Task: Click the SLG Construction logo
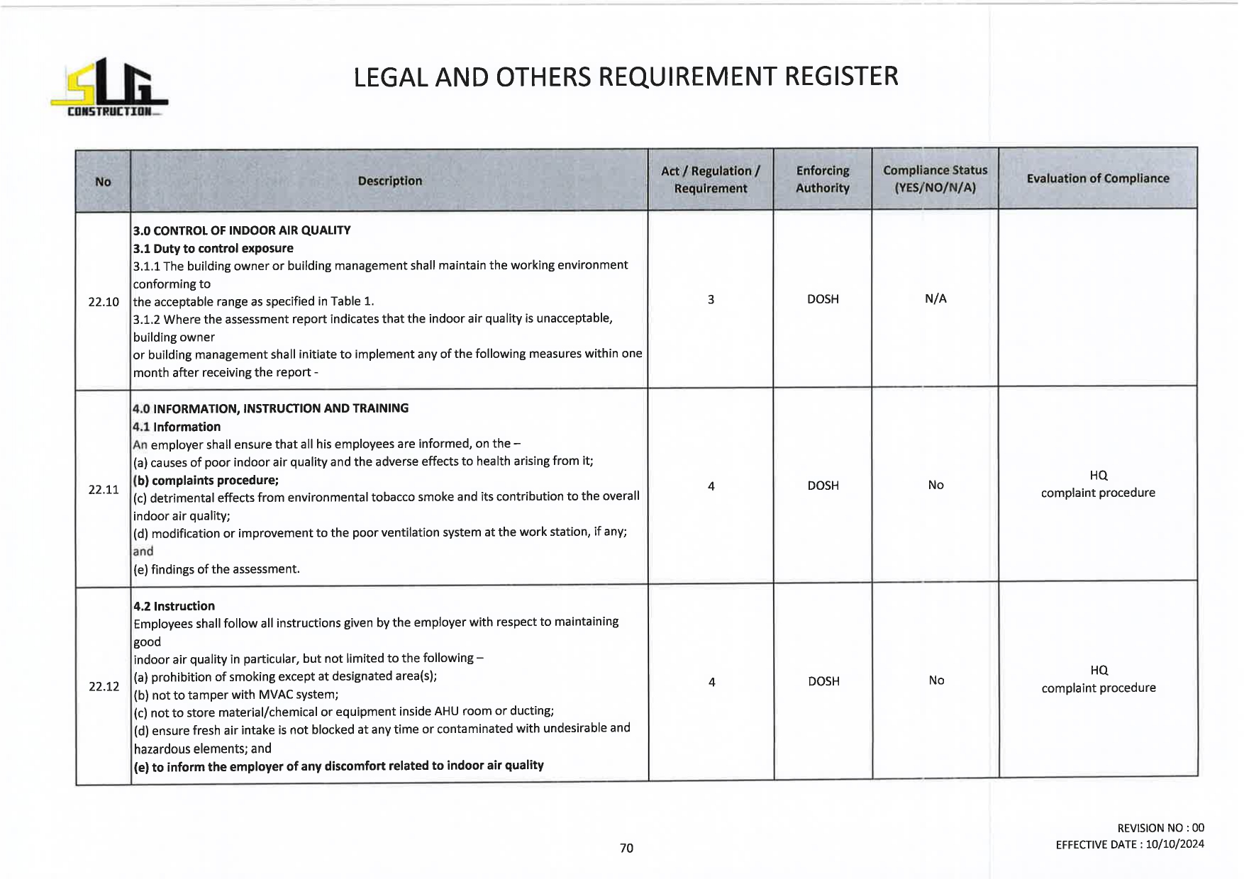[109, 88]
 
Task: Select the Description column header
[389, 181]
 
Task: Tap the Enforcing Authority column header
[822, 179]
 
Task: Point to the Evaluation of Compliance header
[1097, 179]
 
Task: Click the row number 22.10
[104, 302]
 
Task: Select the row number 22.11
[104, 489]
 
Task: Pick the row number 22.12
[104, 686]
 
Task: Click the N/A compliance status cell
[935, 299]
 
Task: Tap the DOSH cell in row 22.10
[823, 299]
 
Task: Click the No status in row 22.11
[935, 486]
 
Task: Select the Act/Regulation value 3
[711, 299]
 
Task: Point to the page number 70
[626, 848]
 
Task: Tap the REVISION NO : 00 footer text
[1160, 828]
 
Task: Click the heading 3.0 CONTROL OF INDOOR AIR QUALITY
[242, 230]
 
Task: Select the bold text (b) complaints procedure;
[206, 480]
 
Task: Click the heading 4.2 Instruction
[174, 606]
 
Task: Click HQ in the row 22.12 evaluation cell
[1099, 670]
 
